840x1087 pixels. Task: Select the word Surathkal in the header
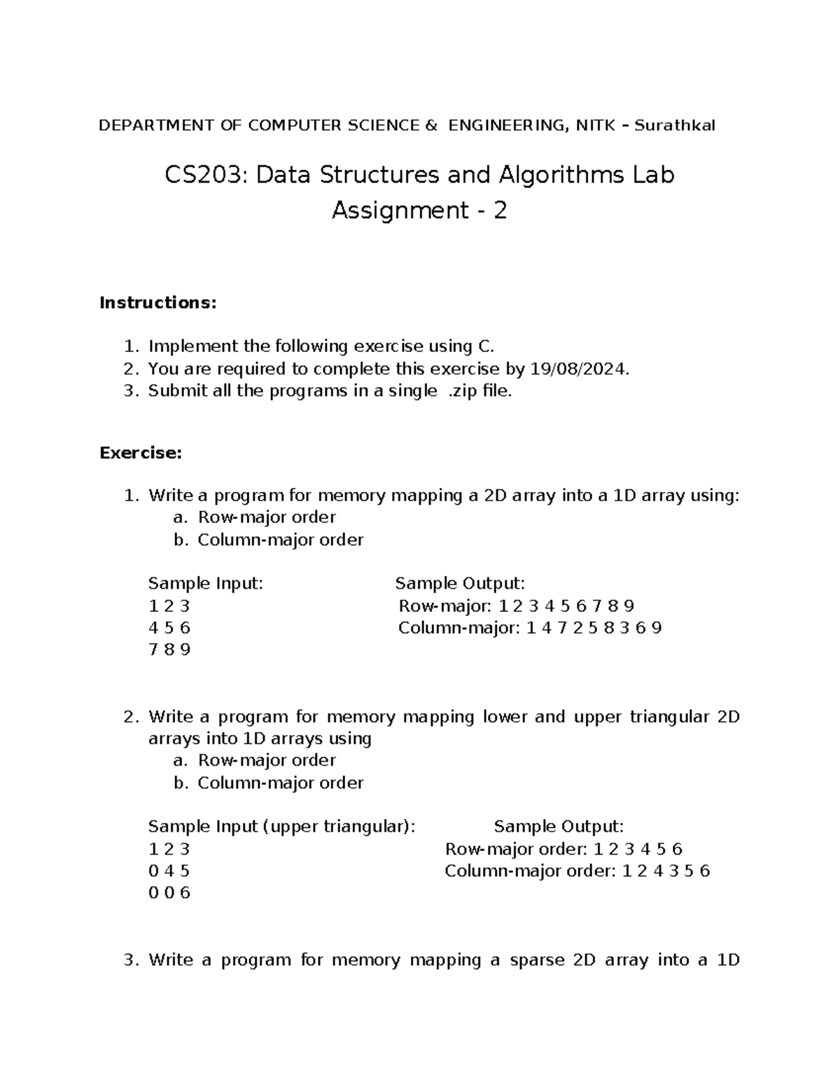pyautogui.click(x=675, y=126)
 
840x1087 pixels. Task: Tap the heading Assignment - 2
pyautogui.click(x=419, y=211)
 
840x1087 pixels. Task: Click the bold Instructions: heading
pyautogui.click(x=158, y=303)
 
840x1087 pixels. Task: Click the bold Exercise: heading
pyautogui.click(x=141, y=453)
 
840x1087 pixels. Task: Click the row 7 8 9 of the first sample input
pyautogui.click(x=169, y=650)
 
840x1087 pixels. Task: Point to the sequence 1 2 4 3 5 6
pyautogui.click(x=666, y=871)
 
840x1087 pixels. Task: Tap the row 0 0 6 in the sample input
pyautogui.click(x=169, y=893)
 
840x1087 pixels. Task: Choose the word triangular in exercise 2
pyautogui.click(x=670, y=717)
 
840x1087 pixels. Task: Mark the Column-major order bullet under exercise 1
pyautogui.click(x=280, y=540)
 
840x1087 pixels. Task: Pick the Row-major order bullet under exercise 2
pyautogui.click(x=267, y=760)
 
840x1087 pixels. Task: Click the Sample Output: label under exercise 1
pyautogui.click(x=460, y=584)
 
